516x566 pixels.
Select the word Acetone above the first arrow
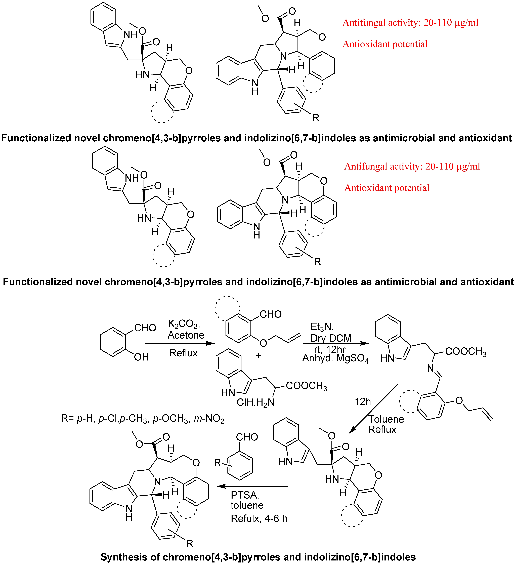186,335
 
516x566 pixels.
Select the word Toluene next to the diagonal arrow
386,419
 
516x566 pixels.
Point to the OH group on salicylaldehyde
141,357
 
